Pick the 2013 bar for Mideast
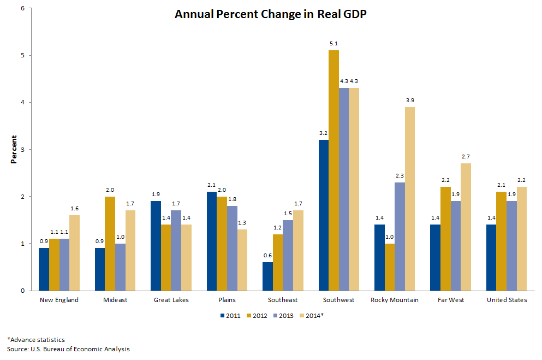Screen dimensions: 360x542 pos(120,267)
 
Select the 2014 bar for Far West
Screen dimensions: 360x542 pos(466,227)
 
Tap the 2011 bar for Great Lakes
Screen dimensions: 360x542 pos(156,246)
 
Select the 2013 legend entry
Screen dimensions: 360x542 pos(284,315)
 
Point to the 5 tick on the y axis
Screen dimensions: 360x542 pos(23,55)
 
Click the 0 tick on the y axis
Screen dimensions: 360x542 pos(23,291)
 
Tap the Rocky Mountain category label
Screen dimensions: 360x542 pos(394,300)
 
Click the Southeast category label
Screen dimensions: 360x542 pos(283,300)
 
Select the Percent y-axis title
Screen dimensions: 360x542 pos(14,150)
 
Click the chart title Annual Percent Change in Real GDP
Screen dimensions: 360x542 pos(270,15)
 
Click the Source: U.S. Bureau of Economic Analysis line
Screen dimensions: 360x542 pos(68,349)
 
